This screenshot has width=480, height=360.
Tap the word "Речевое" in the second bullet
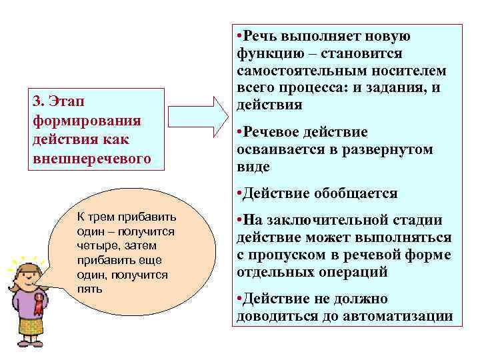(271, 132)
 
